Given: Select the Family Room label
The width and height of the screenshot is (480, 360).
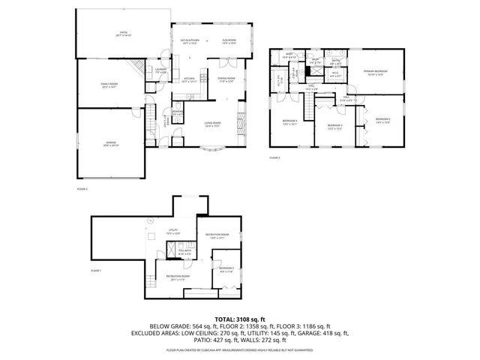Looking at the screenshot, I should [110, 86].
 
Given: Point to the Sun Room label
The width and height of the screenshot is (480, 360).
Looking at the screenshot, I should [229, 42].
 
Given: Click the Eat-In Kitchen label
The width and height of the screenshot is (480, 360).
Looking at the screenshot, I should [190, 42].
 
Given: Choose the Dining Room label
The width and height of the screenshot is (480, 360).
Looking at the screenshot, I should [226, 79].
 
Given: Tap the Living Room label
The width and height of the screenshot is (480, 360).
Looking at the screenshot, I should [213, 124].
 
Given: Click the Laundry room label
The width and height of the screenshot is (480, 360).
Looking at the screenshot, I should [160, 70].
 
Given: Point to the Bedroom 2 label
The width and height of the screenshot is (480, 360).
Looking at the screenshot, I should [382, 121].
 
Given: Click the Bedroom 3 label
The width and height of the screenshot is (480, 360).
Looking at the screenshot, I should [334, 126].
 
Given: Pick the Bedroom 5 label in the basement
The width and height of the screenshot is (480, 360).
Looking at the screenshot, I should [226, 269].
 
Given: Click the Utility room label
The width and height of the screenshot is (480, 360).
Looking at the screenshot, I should [172, 232].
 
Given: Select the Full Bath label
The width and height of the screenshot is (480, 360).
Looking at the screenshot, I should [184, 253].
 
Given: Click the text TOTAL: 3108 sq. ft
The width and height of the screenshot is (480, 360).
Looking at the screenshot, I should [240, 319].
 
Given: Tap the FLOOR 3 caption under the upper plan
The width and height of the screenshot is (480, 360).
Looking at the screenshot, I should [274, 157].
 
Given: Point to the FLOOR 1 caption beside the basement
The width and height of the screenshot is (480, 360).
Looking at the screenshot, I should [95, 270].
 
